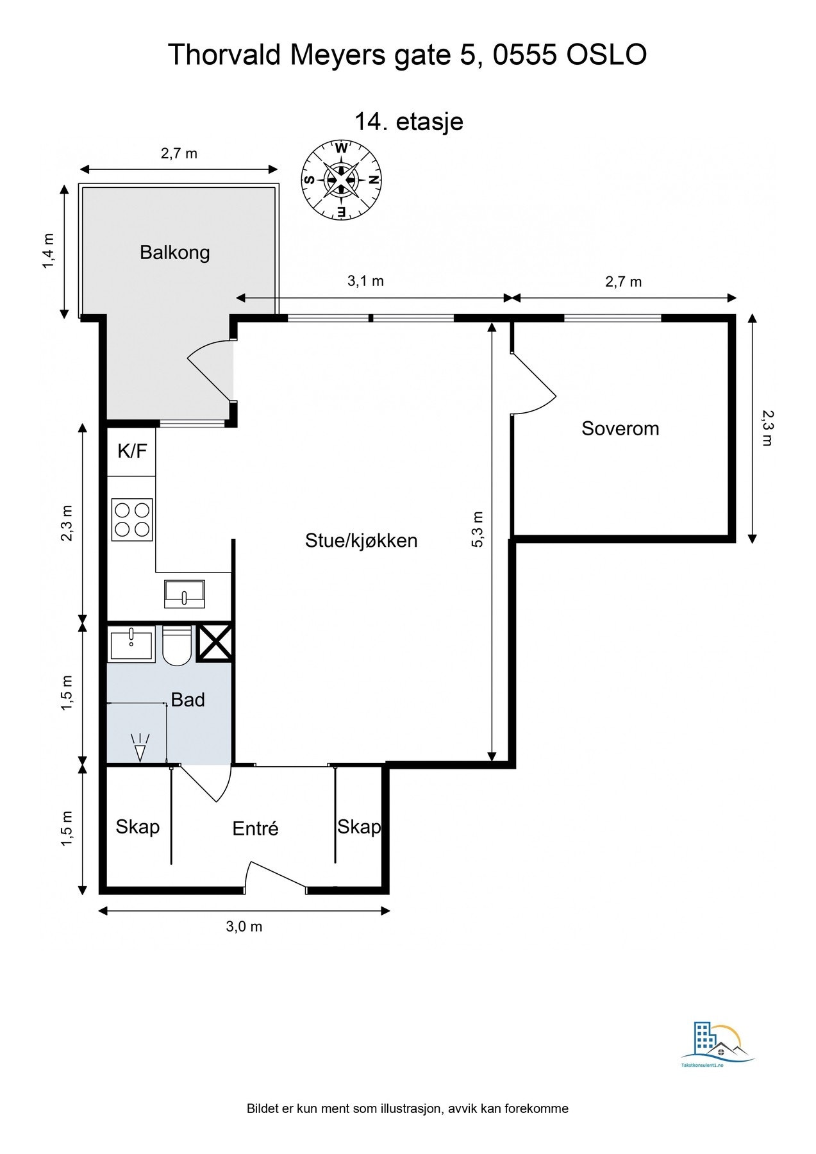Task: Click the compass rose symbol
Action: click(x=342, y=180)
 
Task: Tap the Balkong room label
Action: click(x=175, y=253)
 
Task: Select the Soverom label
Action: click(x=620, y=428)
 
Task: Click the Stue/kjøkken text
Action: click(x=362, y=540)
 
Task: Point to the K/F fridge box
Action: click(x=131, y=451)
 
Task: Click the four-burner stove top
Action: click(x=132, y=519)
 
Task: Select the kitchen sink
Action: click(x=185, y=594)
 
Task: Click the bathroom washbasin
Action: click(x=132, y=644)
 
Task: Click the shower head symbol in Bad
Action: click(x=140, y=748)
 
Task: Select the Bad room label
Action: click(x=188, y=699)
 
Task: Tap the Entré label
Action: click(x=255, y=828)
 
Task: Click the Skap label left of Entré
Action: click(x=137, y=827)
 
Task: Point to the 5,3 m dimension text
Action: click(x=478, y=529)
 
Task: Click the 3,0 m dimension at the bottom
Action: click(x=244, y=926)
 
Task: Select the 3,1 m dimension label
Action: click(x=365, y=281)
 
